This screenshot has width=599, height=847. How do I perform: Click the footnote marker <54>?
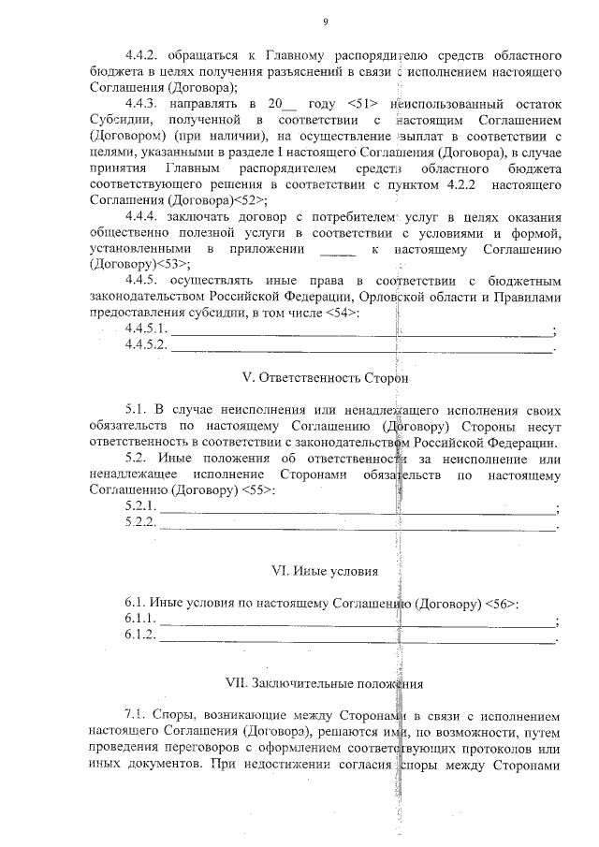[x=342, y=312]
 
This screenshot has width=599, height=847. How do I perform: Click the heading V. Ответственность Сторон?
[x=325, y=378]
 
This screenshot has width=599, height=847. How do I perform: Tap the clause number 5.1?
[x=136, y=411]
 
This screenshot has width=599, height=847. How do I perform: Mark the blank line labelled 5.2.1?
[x=357, y=511]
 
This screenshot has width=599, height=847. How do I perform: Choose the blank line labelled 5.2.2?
[x=357, y=526]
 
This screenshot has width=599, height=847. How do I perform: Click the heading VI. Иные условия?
[x=324, y=570]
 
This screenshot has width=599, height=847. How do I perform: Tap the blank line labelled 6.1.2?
[x=357, y=639]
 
